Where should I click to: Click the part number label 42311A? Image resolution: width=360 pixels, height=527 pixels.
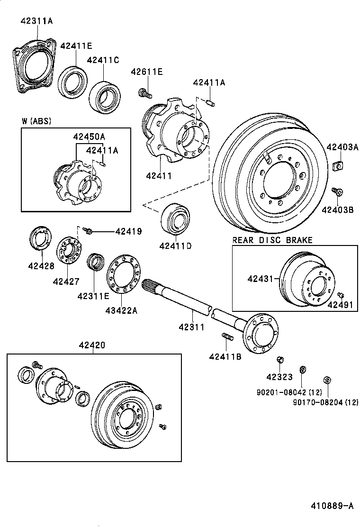(x=36, y=20)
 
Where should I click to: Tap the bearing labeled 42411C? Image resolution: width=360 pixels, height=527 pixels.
(x=105, y=98)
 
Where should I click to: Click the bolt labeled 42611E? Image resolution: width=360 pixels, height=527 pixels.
(x=145, y=93)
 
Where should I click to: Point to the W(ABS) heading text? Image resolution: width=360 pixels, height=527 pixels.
(x=36, y=121)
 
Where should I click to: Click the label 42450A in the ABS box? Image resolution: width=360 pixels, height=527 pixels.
(x=89, y=136)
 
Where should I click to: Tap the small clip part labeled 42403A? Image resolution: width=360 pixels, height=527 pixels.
(x=338, y=165)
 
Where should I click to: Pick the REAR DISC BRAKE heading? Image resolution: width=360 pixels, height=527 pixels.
(x=272, y=240)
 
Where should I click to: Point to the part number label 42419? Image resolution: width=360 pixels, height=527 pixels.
(x=128, y=231)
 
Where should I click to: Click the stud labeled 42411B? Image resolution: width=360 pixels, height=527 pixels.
(x=226, y=337)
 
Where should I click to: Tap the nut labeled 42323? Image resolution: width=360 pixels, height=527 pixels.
(x=279, y=360)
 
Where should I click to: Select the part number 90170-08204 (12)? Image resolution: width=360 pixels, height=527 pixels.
(x=325, y=402)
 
